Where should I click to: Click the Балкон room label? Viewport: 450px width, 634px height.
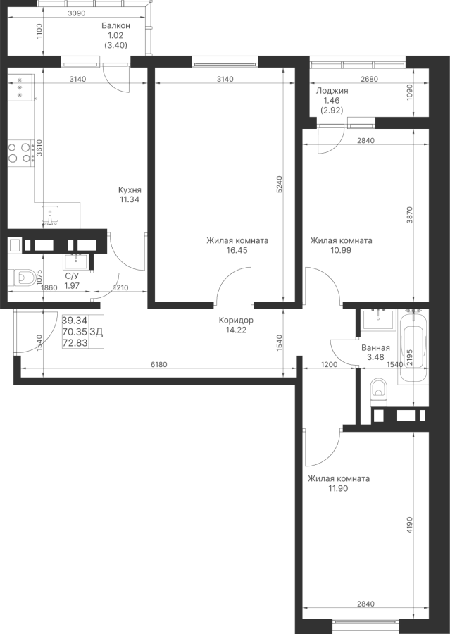coord(115,25)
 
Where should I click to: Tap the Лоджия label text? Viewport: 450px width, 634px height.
coord(332,91)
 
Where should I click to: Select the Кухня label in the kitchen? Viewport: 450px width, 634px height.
coord(130,189)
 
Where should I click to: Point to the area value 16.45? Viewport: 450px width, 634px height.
coord(237,249)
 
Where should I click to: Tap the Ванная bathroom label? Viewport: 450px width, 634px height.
coord(375,347)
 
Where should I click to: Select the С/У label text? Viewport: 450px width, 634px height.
coord(71,277)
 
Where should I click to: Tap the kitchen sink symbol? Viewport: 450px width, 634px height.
coord(52,213)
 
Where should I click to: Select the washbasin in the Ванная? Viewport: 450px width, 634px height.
coord(379,319)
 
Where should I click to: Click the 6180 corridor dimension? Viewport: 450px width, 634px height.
coord(161,365)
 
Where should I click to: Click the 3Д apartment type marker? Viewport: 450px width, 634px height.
coord(96,331)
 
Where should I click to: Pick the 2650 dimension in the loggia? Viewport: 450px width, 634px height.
coord(369,80)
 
